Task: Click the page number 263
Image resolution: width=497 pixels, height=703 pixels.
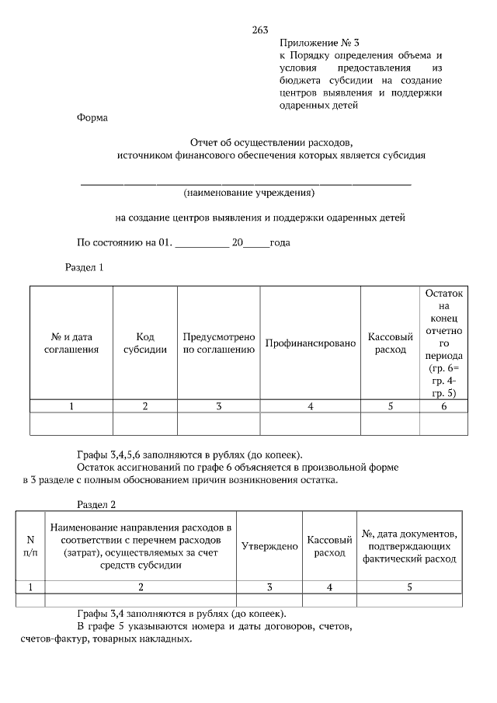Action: [x=260, y=30]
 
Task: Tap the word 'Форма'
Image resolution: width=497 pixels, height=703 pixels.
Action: [x=92, y=118]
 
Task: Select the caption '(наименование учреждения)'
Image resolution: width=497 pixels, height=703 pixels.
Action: [x=248, y=192]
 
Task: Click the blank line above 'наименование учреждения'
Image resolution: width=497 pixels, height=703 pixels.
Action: [x=246, y=183]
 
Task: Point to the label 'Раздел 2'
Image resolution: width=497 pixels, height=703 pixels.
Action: [x=96, y=504]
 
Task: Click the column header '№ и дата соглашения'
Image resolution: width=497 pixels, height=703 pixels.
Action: [x=71, y=343]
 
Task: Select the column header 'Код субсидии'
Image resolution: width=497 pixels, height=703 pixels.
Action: [x=145, y=343]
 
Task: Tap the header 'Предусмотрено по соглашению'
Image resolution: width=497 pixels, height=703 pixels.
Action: [x=219, y=343]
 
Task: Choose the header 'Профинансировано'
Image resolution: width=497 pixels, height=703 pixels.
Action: [x=310, y=343]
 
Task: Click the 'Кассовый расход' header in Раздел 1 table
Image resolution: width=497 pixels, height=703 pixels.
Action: [x=390, y=343]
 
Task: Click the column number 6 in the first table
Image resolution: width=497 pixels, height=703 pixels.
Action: [x=443, y=406]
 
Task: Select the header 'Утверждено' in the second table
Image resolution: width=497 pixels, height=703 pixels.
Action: [x=269, y=546]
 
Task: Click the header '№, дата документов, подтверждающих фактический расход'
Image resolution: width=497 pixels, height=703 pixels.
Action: [x=409, y=546]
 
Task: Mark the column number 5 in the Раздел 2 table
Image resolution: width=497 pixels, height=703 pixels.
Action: [x=409, y=587]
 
